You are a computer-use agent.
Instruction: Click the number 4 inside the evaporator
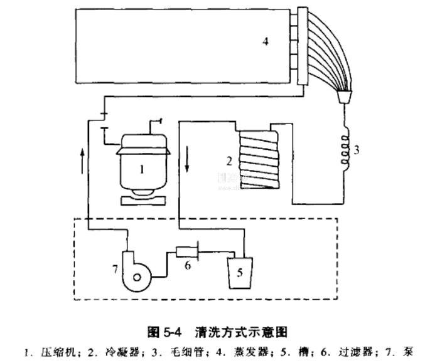pos(266,41)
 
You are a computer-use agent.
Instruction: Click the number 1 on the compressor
pos(142,168)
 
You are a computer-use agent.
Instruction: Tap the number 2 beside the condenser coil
pos(229,160)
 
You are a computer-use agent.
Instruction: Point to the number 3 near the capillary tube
pos(357,150)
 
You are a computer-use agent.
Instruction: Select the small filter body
pos(186,252)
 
